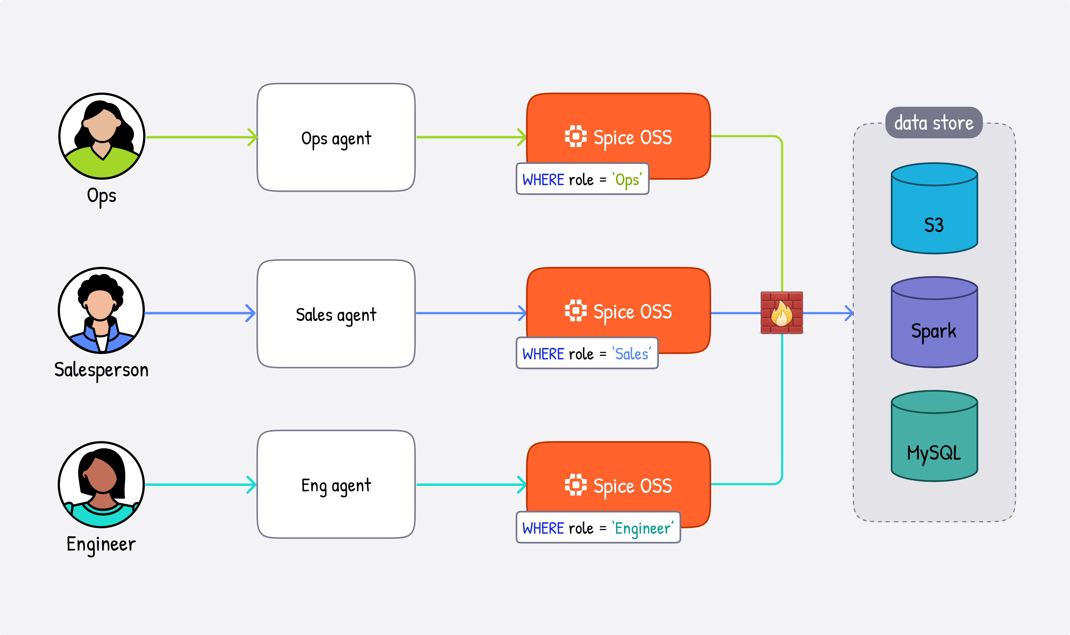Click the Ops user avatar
102,136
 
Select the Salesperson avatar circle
101,311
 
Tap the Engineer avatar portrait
101,484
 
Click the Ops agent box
336,137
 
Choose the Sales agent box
336,314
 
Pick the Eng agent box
336,484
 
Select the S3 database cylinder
934,208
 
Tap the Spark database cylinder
934,322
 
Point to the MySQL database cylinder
934,436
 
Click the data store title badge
934,123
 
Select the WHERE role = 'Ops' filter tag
582,179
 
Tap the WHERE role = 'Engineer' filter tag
598,528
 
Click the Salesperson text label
101,370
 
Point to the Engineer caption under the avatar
101,544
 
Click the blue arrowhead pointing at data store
849,313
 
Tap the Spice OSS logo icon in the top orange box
575,136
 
